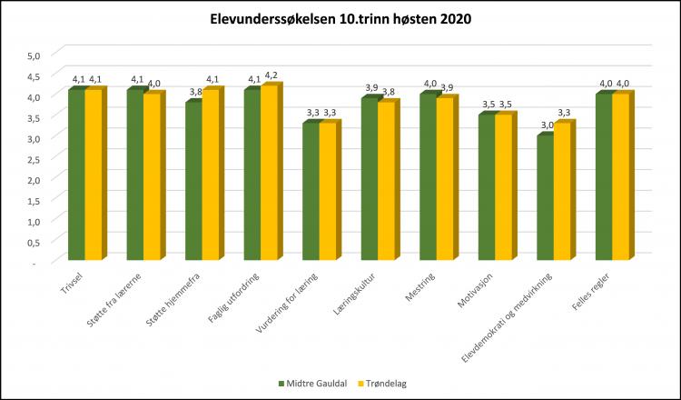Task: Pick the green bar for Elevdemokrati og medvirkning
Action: [544, 198]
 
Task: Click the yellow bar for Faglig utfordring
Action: [269, 173]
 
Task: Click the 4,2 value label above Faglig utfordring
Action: [271, 75]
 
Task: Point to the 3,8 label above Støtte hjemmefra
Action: [194, 91]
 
